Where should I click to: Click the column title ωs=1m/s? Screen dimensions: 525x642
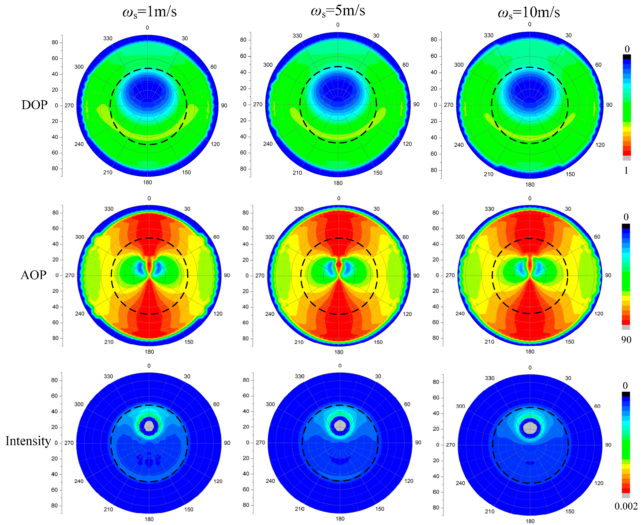click(149, 12)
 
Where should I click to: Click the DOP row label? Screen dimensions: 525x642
click(35, 105)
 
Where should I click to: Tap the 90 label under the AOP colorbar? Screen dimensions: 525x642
click(626, 340)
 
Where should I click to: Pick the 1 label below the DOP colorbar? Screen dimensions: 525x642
click(626, 171)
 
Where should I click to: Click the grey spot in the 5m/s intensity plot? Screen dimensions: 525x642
click(340, 425)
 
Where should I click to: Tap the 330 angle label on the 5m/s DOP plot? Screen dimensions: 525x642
click(297, 36)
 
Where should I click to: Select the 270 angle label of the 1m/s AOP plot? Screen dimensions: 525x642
click(70, 275)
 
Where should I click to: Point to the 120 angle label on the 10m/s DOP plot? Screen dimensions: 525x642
click(600, 145)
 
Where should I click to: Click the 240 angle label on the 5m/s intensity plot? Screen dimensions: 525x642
click(270, 481)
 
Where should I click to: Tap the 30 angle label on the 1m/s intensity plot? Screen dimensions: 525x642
click(187, 376)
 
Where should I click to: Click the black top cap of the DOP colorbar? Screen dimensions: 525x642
click(627, 57)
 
